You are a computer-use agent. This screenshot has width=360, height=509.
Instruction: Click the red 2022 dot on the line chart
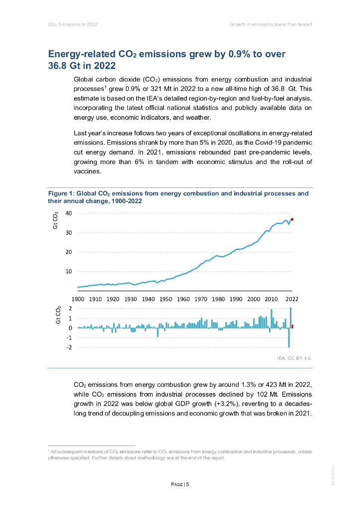point(292,219)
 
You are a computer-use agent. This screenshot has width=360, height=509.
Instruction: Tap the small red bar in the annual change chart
point(292,326)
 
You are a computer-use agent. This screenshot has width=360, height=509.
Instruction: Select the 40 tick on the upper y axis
point(69,213)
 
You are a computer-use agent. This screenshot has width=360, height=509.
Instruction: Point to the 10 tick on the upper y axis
point(69,271)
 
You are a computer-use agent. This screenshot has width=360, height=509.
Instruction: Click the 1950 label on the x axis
point(166,299)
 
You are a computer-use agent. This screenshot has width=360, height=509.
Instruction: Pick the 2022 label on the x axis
point(291,299)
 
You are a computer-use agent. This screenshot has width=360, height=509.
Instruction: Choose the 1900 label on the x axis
point(78,299)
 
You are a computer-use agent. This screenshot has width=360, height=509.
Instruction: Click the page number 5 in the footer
point(187,485)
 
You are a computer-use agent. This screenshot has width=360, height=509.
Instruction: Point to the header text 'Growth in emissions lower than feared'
point(270,24)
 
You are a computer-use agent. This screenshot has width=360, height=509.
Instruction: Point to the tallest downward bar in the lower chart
point(289,338)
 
